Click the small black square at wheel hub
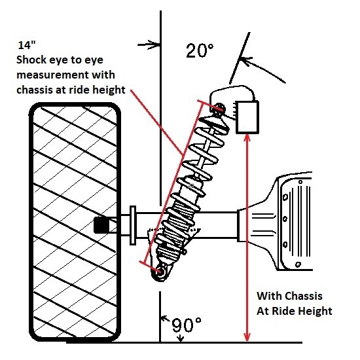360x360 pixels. point(101,226)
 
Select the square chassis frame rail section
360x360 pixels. point(248,119)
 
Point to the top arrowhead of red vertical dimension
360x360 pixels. point(247,139)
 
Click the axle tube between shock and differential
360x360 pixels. point(219,223)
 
